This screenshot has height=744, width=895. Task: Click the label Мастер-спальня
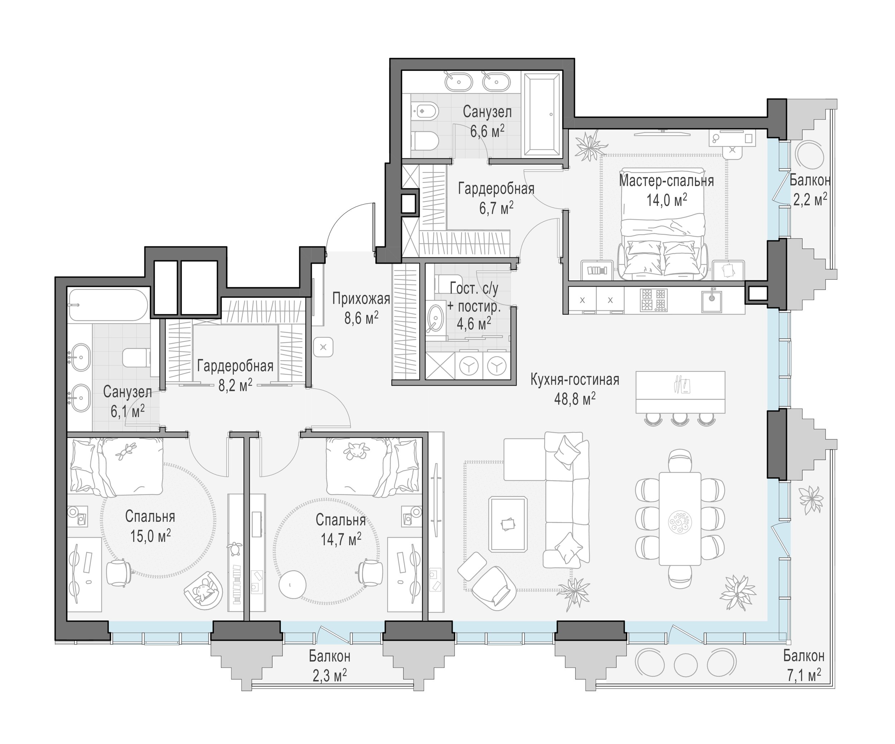tap(666, 181)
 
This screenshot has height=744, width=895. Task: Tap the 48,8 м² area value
tap(575, 399)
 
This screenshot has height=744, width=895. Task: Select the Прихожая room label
tap(361, 299)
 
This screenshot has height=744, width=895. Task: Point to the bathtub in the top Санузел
tap(542, 114)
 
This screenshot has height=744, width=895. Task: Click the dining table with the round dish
tap(679, 518)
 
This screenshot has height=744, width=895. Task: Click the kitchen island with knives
tap(680, 392)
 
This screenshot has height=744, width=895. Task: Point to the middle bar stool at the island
tap(678, 419)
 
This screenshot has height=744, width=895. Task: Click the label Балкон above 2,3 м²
tap(330, 656)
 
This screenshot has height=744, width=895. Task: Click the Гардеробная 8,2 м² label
tap(235, 375)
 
